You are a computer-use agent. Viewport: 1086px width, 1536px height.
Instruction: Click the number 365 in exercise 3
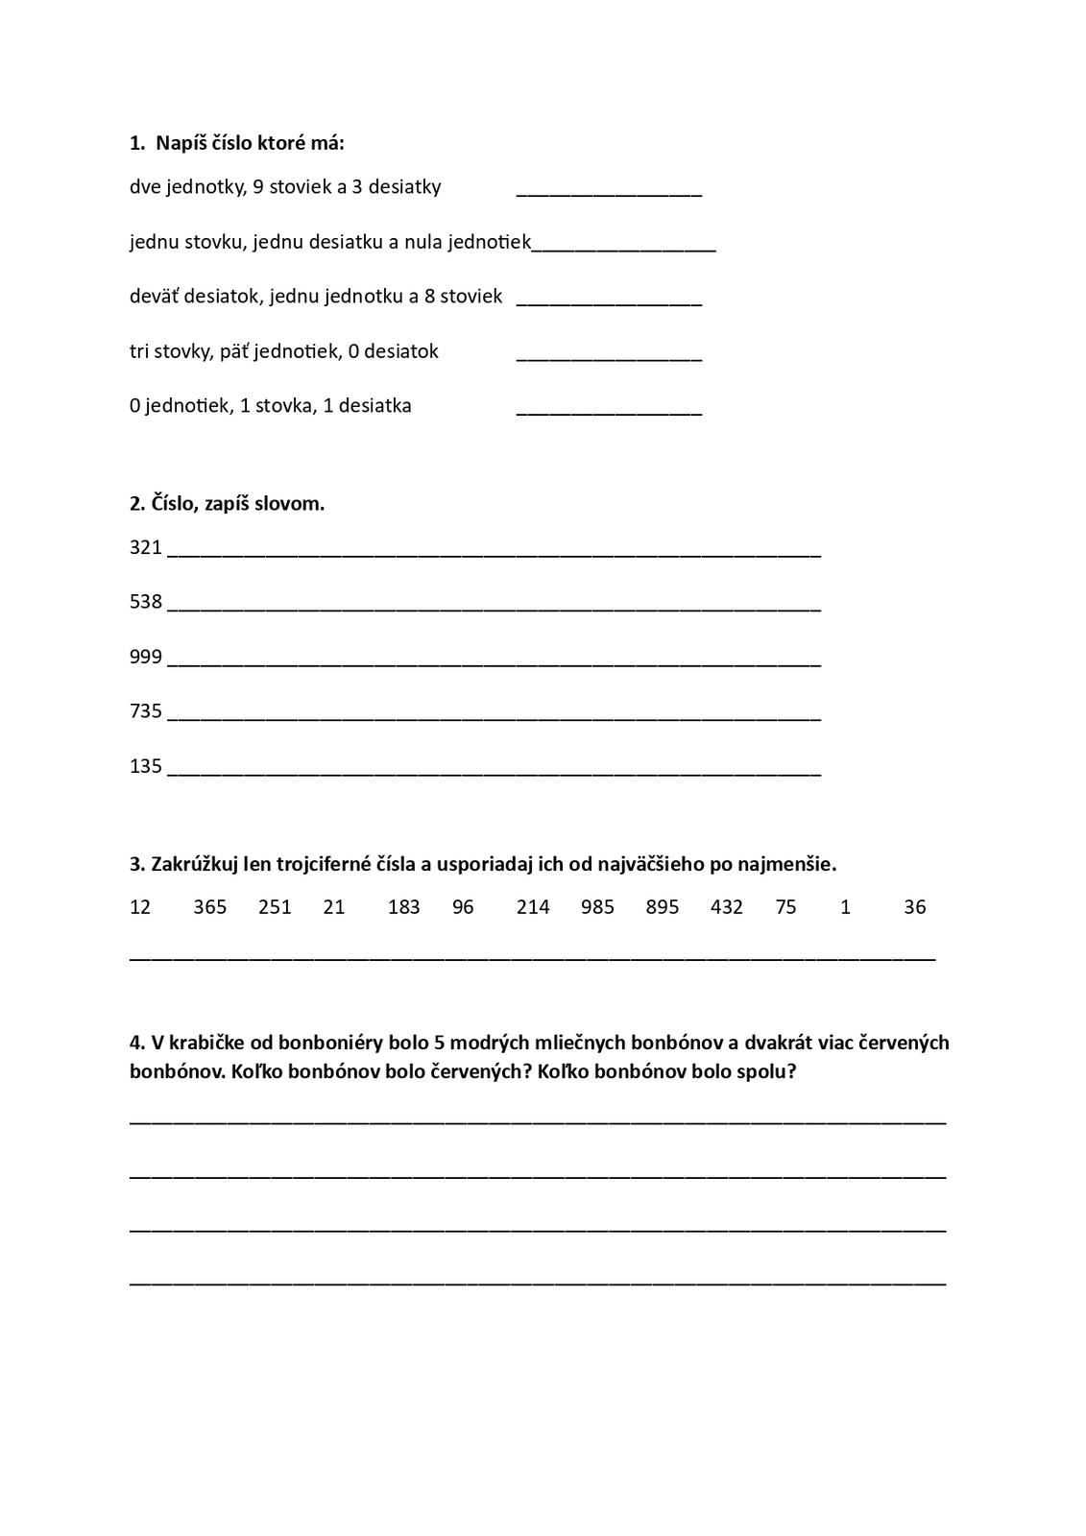209,907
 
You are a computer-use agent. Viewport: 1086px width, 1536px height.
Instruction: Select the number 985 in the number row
597,907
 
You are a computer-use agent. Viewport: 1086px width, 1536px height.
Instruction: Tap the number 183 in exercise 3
403,907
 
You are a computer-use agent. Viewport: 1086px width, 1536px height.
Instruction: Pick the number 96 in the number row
463,907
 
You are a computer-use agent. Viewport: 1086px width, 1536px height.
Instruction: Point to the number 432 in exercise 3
727,907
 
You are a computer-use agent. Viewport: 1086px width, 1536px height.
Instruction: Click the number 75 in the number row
785,907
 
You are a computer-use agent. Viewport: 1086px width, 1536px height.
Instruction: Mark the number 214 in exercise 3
533,907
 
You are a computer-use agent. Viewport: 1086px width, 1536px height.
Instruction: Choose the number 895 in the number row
663,907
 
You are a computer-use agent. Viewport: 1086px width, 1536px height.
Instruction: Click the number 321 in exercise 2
146,547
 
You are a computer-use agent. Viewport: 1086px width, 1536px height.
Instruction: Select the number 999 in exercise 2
146,657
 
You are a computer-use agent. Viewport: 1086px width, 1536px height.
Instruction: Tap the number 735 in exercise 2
146,711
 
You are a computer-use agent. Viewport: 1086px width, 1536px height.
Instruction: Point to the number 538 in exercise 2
146,602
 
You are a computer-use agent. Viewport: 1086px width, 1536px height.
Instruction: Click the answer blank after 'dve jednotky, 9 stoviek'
609,190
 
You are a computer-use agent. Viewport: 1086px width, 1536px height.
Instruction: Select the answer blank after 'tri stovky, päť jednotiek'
609,355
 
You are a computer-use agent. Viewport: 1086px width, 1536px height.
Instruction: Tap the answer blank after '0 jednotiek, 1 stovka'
609,410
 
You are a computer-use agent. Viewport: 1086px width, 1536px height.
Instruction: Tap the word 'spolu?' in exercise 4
763,1071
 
